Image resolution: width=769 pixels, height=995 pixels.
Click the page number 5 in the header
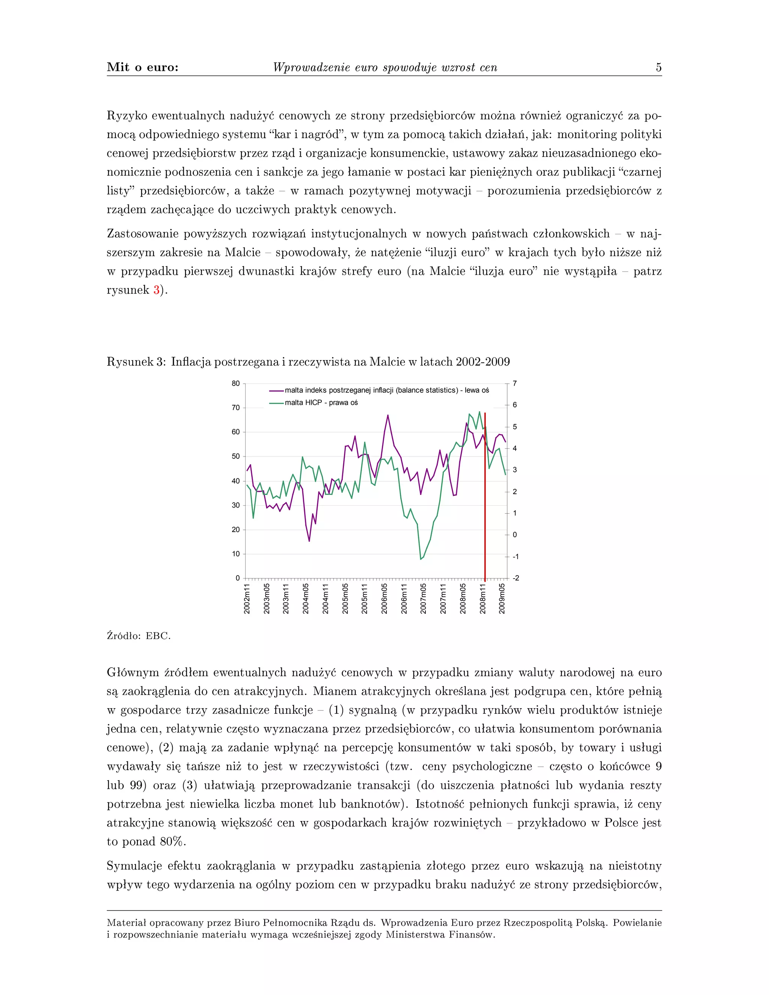(658, 68)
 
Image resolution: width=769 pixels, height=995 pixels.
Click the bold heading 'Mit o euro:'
(143, 68)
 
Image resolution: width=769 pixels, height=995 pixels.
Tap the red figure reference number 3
(156, 290)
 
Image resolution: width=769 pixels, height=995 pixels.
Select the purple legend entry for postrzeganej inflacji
(386, 390)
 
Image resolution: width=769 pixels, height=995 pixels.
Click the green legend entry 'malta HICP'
(321, 403)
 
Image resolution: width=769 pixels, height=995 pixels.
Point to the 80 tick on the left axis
(235, 384)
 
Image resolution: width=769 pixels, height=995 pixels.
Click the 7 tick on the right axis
(515, 384)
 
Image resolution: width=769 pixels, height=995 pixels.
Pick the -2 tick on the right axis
(515, 578)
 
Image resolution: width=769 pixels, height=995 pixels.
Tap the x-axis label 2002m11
(247, 599)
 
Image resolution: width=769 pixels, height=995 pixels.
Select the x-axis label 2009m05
(502, 599)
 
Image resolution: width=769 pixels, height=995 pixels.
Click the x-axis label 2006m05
(384, 599)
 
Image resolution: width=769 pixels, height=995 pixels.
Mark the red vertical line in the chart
(485, 501)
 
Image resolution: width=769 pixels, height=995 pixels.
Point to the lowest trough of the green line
(421, 559)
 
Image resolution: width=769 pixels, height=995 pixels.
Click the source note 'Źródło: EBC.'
(139, 636)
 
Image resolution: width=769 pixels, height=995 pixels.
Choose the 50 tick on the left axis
(235, 457)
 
